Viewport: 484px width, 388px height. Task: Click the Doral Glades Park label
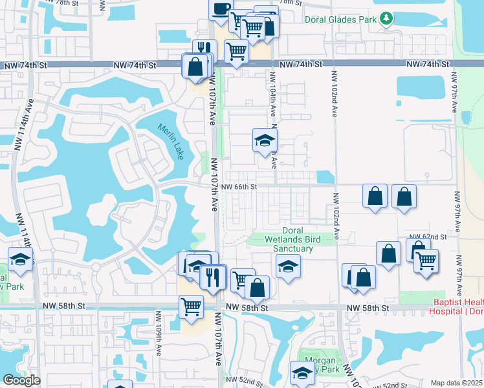340,19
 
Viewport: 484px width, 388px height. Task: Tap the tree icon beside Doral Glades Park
387,18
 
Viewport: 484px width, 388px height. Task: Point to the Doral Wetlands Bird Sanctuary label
302,240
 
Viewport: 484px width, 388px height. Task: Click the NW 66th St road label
239,187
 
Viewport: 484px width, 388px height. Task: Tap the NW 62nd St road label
426,237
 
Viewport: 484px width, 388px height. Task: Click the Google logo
21,381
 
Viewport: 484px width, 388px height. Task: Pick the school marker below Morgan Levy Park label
301,372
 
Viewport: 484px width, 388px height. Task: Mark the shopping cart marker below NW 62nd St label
426,261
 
